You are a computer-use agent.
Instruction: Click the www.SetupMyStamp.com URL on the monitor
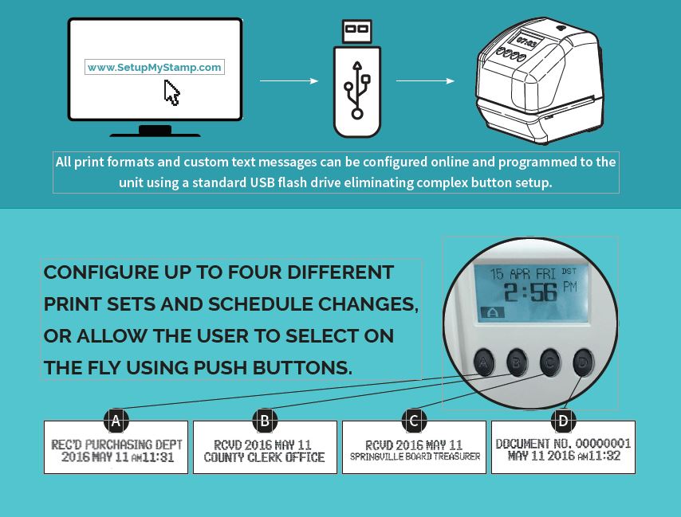tap(154, 67)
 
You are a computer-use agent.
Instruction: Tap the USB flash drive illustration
tap(357, 79)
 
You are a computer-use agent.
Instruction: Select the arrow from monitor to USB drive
tap(289, 80)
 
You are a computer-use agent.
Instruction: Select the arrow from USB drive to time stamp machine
tap(425, 80)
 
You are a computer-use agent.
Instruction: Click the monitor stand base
tap(155, 131)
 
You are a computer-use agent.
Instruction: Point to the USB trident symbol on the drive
tap(357, 90)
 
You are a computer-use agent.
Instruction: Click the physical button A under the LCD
tap(483, 362)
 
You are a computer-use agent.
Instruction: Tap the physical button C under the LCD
tap(550, 362)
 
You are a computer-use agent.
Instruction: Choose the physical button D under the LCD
tap(583, 362)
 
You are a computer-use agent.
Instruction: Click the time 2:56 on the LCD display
tap(530, 293)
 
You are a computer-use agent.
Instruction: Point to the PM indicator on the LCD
tap(570, 287)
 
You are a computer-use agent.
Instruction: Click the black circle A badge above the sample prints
tap(116, 421)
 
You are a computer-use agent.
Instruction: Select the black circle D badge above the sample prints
tap(563, 421)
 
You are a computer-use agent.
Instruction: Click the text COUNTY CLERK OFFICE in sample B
tap(264, 457)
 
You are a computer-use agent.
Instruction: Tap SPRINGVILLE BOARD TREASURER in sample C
tap(415, 456)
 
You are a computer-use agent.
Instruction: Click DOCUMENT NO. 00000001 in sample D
tap(563, 443)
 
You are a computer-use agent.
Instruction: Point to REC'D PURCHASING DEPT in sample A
tap(116, 445)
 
